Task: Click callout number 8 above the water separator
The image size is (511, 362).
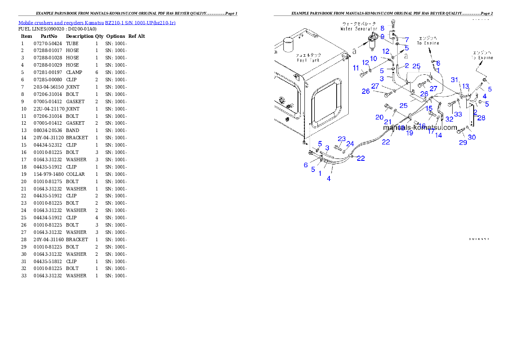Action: coord(382,28)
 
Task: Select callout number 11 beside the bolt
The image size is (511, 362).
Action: coord(356,68)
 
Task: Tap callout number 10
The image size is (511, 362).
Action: coord(374,58)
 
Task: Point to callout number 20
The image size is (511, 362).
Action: coord(379,117)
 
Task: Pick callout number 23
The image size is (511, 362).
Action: coord(341,138)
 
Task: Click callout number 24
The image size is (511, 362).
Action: coord(350,144)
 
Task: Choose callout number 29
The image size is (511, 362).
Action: coord(463,142)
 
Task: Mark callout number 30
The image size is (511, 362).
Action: coord(472,137)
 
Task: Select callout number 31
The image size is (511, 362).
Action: coord(455,80)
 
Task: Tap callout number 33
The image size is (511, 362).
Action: coord(458,114)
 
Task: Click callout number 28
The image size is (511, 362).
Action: coord(481,118)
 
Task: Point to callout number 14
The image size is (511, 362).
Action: coord(438,135)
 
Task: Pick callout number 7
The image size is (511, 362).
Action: coord(406,40)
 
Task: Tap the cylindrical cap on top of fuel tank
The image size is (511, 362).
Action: coord(287,46)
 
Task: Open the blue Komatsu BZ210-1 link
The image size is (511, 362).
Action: coord(97,22)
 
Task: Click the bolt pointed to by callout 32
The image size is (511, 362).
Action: coord(452,104)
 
